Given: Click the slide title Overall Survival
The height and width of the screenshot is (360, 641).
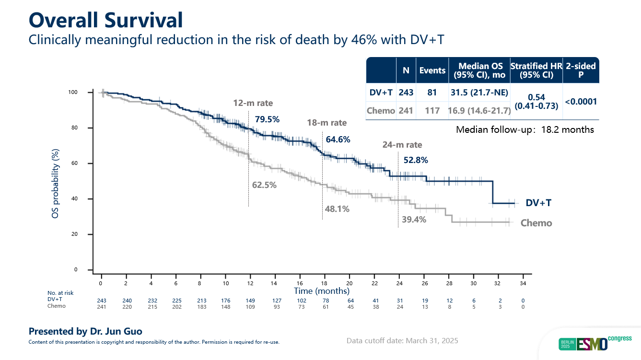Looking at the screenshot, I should pyautogui.click(x=105, y=20).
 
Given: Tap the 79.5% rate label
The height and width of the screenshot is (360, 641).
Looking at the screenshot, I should pyautogui.click(x=267, y=119).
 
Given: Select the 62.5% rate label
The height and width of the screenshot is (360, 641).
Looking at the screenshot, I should pyautogui.click(x=264, y=185).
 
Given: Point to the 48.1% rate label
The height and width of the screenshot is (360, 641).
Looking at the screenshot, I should pyautogui.click(x=337, y=209).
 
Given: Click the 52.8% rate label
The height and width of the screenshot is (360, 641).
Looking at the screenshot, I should pyautogui.click(x=416, y=160).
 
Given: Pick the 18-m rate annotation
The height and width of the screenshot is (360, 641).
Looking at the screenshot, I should pyautogui.click(x=326, y=123).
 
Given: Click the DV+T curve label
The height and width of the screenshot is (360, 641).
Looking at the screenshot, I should pyautogui.click(x=538, y=203).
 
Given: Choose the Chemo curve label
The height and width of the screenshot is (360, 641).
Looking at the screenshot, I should pyautogui.click(x=536, y=223).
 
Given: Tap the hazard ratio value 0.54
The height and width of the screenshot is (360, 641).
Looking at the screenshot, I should pyautogui.click(x=536, y=97).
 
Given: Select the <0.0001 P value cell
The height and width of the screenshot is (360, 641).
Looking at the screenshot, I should pyautogui.click(x=581, y=101).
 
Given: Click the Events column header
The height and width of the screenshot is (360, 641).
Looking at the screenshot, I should pyautogui.click(x=432, y=70).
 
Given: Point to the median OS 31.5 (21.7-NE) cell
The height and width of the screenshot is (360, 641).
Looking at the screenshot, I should pyautogui.click(x=478, y=93).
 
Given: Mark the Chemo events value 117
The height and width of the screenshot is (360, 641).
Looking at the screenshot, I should pyautogui.click(x=432, y=111).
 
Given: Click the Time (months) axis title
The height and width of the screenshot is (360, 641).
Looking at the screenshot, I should pyautogui.click(x=322, y=291).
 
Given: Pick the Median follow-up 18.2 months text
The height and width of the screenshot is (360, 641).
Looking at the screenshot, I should pyautogui.click(x=525, y=129).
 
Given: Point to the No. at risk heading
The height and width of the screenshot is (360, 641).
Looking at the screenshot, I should pyautogui.click(x=60, y=292).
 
